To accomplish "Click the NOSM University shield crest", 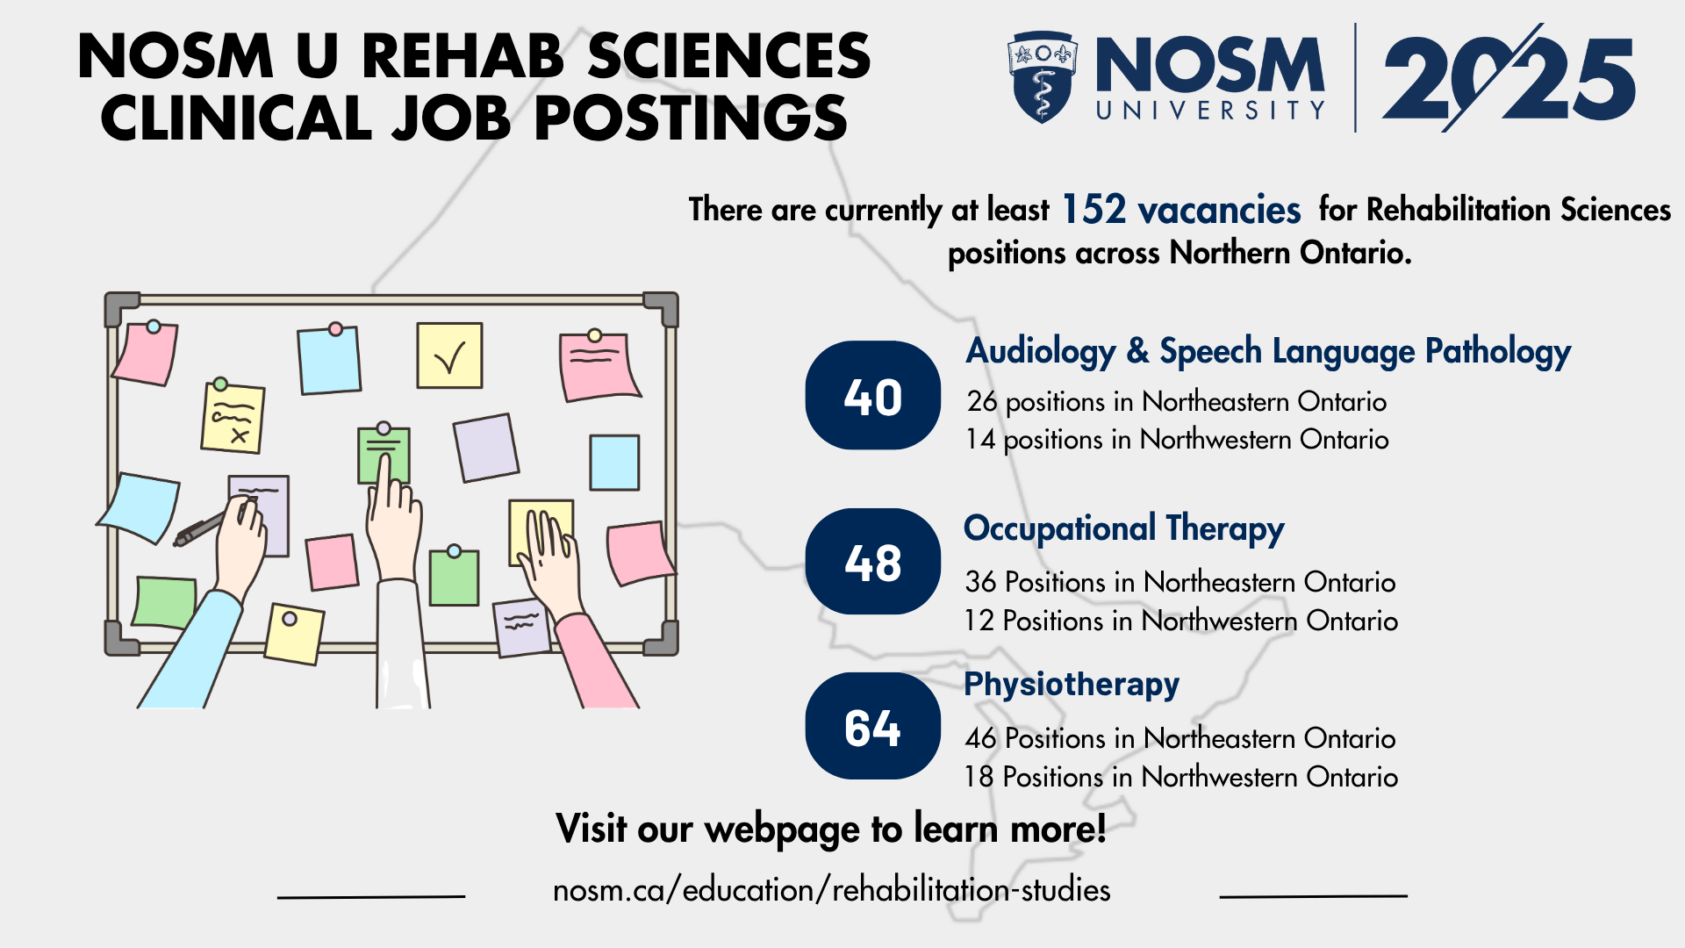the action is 1043,77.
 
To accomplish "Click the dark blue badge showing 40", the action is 873,395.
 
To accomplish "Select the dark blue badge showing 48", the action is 873,562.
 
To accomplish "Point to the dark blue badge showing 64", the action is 873,726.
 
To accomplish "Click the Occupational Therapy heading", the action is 1124,529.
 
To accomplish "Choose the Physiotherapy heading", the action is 1072,685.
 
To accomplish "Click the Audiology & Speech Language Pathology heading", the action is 1268,351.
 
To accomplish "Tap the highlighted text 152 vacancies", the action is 1181,210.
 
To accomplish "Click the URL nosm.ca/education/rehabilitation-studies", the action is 832,890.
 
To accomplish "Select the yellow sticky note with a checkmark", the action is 449,355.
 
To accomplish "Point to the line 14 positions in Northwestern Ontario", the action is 1177,439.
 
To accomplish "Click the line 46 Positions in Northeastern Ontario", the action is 1180,738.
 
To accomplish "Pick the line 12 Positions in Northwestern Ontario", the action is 1181,621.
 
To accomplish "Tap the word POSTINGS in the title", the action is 691,118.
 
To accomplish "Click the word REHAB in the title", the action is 462,56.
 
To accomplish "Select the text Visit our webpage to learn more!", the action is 831,829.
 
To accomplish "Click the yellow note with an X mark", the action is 233,417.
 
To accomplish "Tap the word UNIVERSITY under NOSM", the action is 1210,110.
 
